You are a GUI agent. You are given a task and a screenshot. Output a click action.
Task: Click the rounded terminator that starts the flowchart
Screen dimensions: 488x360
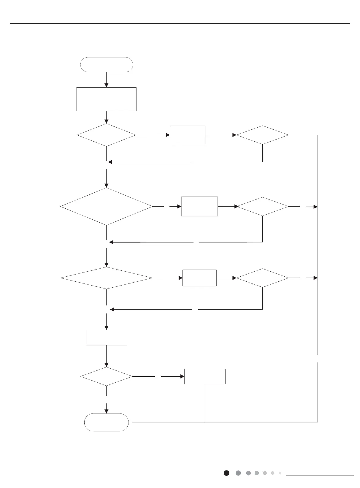(x=107, y=65)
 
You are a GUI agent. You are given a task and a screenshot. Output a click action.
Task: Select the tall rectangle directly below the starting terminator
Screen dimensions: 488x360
(x=106, y=99)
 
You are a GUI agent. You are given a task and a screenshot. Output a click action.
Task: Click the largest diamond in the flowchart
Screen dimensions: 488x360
(x=106, y=207)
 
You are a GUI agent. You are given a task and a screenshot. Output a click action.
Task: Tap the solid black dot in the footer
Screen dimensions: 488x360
(x=226, y=473)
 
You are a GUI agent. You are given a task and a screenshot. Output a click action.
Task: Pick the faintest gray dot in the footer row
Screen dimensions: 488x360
(x=280, y=473)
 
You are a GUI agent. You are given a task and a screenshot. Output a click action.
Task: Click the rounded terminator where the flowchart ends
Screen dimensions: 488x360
(x=107, y=422)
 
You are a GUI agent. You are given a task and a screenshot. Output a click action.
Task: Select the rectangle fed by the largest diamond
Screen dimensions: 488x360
(x=199, y=206)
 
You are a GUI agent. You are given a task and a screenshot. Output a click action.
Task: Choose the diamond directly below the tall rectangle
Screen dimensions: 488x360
(x=106, y=135)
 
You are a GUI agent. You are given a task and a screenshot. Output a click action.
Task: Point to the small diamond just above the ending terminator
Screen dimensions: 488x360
(x=106, y=376)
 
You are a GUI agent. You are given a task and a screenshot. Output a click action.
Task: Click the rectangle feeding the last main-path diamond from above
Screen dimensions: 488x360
(x=106, y=338)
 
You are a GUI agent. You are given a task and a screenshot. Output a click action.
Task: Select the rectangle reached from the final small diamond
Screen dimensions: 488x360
(x=205, y=376)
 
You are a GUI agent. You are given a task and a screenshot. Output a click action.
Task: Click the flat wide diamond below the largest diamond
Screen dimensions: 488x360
(x=106, y=278)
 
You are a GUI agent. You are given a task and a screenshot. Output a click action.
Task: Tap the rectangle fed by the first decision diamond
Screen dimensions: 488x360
(x=187, y=135)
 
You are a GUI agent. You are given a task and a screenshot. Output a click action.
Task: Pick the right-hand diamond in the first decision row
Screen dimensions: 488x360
(x=262, y=135)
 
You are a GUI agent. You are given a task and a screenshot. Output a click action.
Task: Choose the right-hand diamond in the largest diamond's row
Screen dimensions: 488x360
(x=263, y=207)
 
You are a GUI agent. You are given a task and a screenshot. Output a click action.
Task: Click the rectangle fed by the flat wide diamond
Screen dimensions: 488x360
(x=199, y=278)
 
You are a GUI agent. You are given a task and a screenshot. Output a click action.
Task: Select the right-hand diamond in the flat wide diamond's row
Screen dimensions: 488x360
(x=262, y=278)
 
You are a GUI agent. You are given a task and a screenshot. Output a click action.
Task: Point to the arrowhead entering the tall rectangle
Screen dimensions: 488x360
(x=106, y=85)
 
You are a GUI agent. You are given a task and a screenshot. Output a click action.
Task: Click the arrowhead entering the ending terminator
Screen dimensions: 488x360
(x=106, y=411)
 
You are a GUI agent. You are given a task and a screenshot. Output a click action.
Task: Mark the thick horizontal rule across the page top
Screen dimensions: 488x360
(x=180, y=23)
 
